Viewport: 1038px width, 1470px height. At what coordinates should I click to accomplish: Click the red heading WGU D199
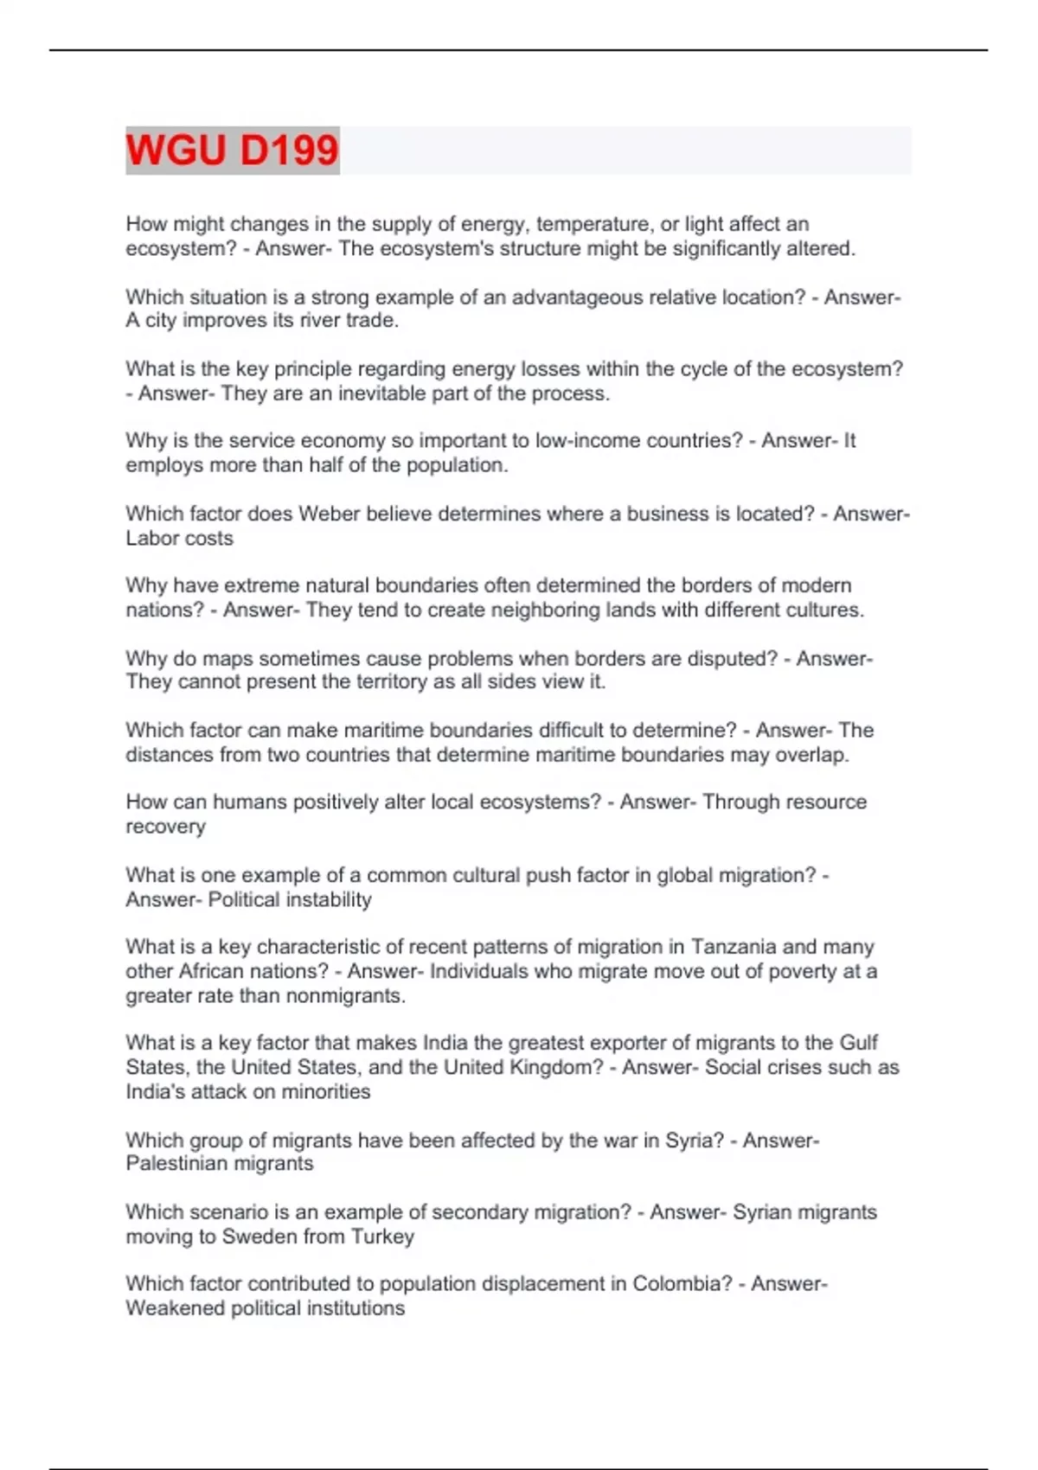click(232, 150)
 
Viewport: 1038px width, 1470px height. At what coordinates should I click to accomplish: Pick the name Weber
click(329, 514)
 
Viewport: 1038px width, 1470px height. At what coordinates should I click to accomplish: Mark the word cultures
click(823, 610)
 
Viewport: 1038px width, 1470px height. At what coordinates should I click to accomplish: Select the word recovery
click(165, 827)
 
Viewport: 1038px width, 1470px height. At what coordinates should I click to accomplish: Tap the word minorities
click(324, 1092)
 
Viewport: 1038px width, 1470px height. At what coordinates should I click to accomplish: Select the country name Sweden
click(259, 1237)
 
